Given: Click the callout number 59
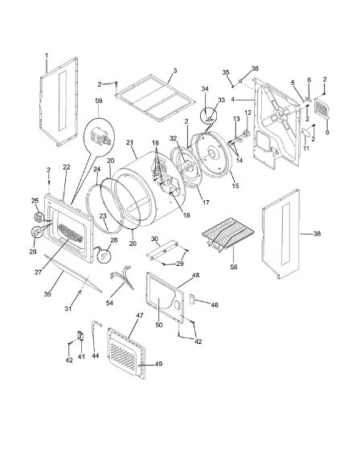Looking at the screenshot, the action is tap(99, 100).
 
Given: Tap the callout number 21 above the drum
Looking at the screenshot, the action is tap(130, 142).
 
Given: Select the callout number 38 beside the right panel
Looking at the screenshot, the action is tap(317, 234).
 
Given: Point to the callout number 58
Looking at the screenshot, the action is tap(234, 267).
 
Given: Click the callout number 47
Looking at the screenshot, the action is tap(140, 315).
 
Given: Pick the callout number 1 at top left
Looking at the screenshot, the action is tap(47, 55).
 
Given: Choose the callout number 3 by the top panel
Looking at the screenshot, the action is tap(175, 71).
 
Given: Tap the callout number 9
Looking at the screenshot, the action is tap(327, 133).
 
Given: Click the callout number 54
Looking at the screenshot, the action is tap(110, 303).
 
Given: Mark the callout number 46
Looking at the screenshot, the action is tap(215, 305).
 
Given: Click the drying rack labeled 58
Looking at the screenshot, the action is tap(228, 234).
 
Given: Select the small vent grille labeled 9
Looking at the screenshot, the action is tap(322, 108).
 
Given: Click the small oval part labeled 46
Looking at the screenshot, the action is tap(192, 299).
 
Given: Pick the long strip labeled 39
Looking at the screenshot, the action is tap(73, 272).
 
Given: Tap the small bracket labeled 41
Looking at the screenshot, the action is tap(80, 336).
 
